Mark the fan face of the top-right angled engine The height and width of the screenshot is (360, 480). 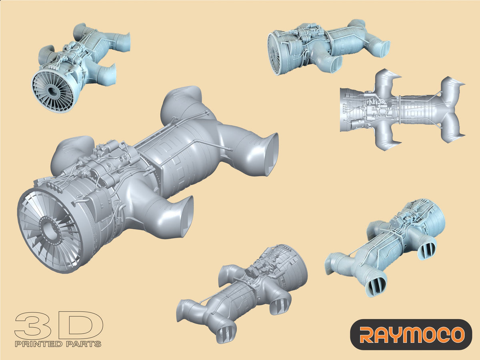click(x=275, y=54)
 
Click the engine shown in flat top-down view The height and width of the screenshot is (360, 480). click(x=400, y=110)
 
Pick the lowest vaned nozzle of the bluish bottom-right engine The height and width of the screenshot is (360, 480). click(x=376, y=284)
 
